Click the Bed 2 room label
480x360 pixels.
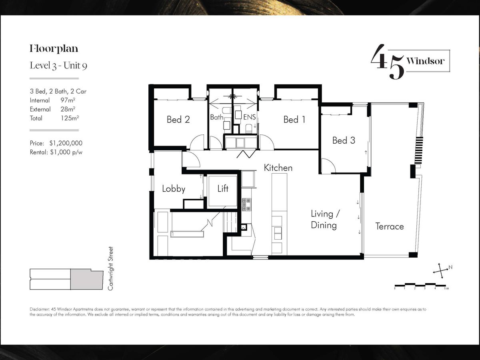178,120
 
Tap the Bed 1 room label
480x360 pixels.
294,120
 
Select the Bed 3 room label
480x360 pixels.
344,140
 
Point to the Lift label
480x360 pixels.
223,188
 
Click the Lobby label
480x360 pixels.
174,189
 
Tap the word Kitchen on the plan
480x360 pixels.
278,168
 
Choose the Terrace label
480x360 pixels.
390,226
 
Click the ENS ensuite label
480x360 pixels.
250,117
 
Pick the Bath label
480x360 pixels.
217,117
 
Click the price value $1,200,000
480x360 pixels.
66,143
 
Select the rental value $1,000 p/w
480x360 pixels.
66,152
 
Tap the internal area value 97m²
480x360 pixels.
68,100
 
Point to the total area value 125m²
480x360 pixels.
70,118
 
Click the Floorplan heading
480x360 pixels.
54,49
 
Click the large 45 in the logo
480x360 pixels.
387,62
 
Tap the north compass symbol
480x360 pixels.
442,271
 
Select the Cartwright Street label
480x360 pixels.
111,268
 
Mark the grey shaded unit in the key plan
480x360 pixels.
87,279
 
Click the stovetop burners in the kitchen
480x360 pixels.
246,204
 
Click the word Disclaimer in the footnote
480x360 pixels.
39,309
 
